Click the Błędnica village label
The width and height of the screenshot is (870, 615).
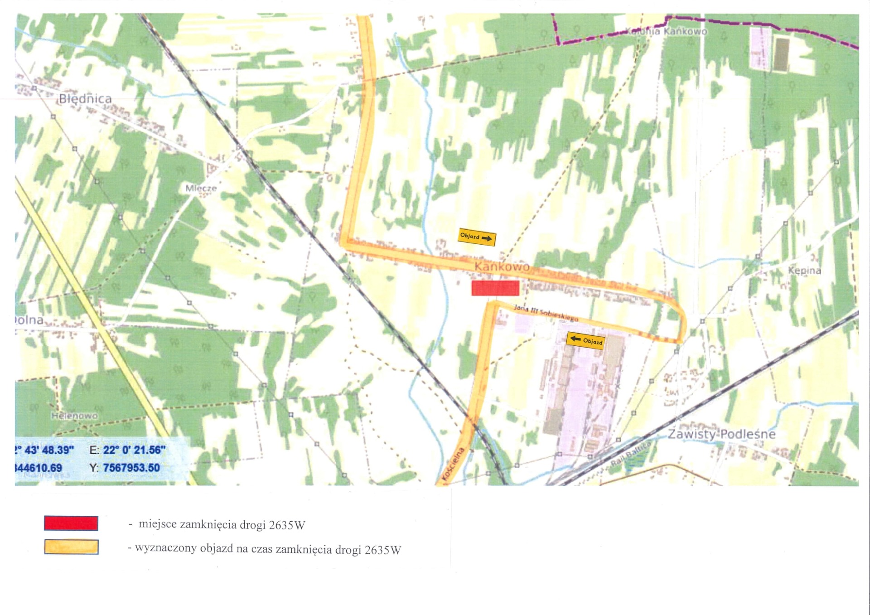tap(85, 99)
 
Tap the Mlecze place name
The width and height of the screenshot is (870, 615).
tap(201, 188)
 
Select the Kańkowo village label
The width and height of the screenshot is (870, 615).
tap(502, 266)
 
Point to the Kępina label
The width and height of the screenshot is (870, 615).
tap(804, 271)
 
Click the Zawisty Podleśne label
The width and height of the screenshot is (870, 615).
tap(721, 434)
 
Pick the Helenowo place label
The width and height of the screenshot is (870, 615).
tap(74, 416)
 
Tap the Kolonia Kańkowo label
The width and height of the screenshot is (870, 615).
tap(666, 31)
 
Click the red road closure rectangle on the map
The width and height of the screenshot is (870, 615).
tap(495, 288)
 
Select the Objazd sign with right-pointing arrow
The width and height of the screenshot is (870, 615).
tap(477, 237)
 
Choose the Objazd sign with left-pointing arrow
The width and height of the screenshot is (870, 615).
tap(585, 340)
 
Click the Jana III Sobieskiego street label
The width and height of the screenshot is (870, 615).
tap(546, 313)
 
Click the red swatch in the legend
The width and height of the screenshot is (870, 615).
tap(71, 523)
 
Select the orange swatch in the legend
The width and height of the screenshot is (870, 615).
tap(71, 547)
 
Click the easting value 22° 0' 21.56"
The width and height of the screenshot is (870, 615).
tap(134, 450)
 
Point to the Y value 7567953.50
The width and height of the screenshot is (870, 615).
tap(131, 468)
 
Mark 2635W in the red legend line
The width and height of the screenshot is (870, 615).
tap(287, 525)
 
